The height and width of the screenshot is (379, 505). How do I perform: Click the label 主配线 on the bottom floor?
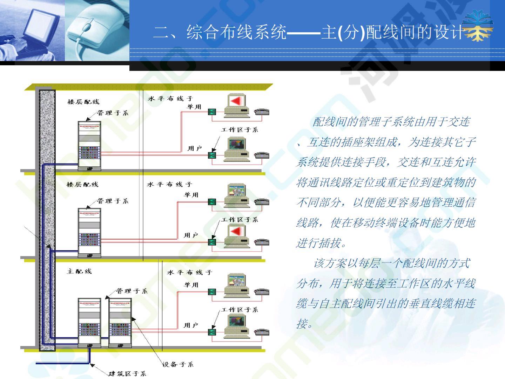79,271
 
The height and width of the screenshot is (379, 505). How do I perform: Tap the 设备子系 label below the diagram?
177,364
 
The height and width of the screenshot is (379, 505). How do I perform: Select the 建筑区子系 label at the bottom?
127,373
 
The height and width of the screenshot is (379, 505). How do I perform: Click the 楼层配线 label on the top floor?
83,102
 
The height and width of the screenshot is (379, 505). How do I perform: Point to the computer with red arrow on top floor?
237,106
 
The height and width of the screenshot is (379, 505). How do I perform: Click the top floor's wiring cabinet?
89,146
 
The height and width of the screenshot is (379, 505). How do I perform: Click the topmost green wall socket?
212,112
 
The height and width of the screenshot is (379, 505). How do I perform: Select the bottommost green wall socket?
212,332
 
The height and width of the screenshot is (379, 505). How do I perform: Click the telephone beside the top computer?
262,112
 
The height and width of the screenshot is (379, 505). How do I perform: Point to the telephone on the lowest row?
262,332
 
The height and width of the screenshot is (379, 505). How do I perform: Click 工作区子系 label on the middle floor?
240,220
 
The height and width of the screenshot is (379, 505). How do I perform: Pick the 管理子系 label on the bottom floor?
132,291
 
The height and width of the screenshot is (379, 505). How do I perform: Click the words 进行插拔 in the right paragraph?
318,243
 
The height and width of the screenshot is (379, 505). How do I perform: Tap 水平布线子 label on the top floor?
170,99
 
